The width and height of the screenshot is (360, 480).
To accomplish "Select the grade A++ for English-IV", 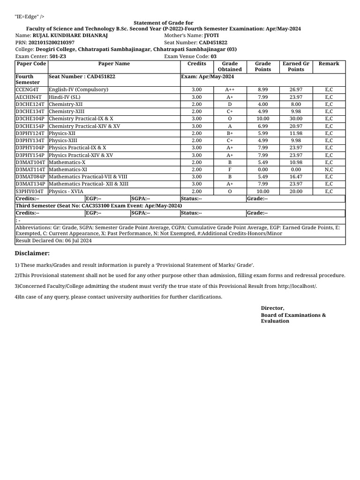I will coord(230,90).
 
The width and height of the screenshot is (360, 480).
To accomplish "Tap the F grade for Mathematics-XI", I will coord(230,170).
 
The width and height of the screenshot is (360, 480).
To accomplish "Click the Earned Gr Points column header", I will coord(296,67).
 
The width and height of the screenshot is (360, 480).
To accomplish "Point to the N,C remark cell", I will coord(329,170).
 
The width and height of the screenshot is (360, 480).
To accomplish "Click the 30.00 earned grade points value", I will coord(296,119).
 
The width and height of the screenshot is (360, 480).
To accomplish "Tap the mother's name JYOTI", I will coord(211,36).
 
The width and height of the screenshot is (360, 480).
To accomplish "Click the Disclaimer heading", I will coord(32,253).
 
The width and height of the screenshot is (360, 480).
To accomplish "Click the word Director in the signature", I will coord(272,308).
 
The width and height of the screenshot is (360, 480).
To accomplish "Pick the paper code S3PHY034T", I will coord(30,191).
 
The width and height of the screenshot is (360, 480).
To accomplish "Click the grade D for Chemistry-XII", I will coord(230,104).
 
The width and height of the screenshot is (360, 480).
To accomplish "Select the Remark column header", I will coord(329,64).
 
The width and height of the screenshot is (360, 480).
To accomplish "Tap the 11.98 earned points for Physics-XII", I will coord(296,133).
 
